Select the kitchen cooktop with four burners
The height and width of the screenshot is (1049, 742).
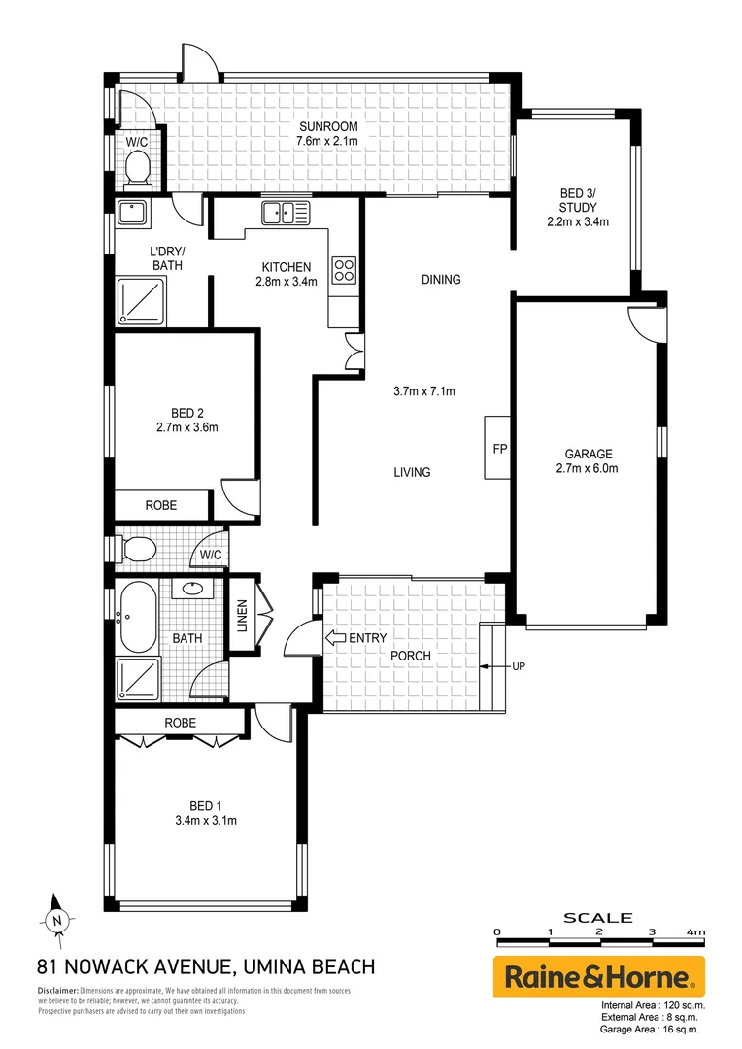click(344, 269)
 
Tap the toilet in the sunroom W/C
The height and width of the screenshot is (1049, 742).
click(137, 172)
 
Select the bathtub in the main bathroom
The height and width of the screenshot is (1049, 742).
click(136, 618)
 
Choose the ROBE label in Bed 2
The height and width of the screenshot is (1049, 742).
click(161, 505)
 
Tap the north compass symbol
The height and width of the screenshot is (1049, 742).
click(56, 919)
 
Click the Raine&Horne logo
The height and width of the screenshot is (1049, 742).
click(599, 976)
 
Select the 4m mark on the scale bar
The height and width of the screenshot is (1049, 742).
click(694, 932)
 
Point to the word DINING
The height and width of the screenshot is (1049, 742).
click(440, 280)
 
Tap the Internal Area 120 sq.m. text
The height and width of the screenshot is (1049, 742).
click(653, 1005)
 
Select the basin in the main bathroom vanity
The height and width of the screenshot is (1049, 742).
click(191, 589)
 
